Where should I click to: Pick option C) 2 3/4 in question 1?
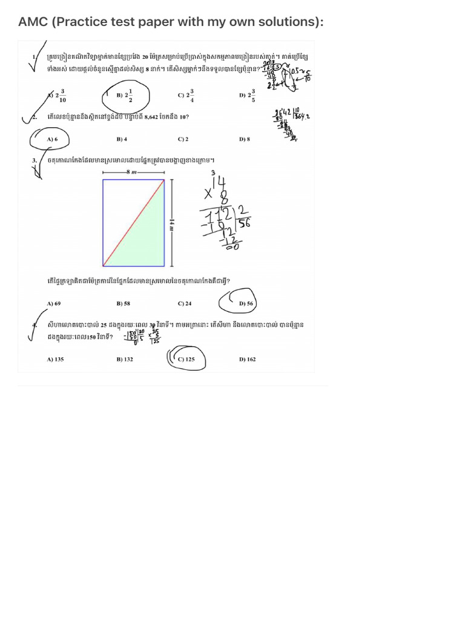point(186,96)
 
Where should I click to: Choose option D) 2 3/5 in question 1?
point(247,96)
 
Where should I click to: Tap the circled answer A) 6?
point(52,139)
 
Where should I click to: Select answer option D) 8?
point(245,139)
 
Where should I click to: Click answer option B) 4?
point(122,139)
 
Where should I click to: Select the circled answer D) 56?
point(246,303)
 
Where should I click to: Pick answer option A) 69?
point(54,303)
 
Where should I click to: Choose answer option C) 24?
point(185,303)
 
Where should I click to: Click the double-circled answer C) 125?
point(186,359)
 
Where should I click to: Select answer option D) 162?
point(247,359)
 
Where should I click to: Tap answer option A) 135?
point(55,359)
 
